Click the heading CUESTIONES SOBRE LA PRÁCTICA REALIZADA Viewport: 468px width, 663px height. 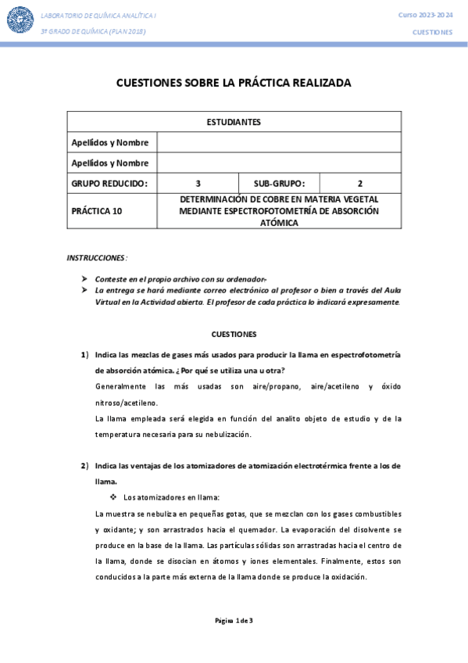[234, 82]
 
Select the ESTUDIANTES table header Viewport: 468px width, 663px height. [234, 122]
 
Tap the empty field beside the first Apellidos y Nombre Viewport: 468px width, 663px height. [279, 142]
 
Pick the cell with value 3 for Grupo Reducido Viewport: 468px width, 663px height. [198, 184]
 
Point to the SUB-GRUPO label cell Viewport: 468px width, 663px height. [279, 184]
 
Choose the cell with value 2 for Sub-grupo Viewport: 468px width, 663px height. [360, 184]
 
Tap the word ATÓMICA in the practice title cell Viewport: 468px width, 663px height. [279, 222]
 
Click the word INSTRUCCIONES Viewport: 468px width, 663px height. [96, 257]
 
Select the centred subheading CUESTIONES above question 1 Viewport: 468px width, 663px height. [234, 333]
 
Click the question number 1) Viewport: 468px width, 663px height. [85, 355]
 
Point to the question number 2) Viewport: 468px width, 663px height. [85, 466]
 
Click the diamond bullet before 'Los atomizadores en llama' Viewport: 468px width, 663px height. [114, 497]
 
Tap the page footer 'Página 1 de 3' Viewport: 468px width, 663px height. [234, 621]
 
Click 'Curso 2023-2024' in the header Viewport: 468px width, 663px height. [425, 15]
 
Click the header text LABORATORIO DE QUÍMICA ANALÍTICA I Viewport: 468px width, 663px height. [91, 15]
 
